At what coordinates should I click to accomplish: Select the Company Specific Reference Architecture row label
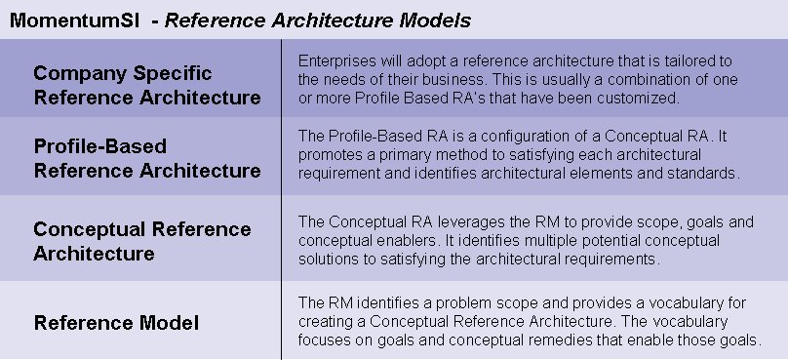point(147,86)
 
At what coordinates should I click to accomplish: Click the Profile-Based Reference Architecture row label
point(147,159)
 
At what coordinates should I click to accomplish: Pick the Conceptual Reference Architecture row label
point(142,241)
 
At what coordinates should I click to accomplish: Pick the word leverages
point(455,221)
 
